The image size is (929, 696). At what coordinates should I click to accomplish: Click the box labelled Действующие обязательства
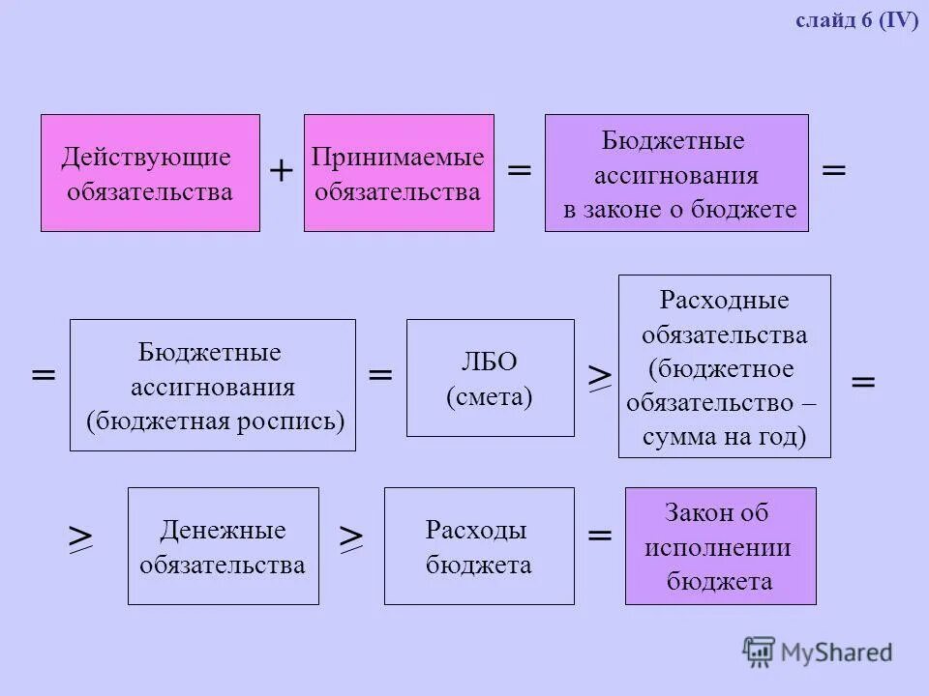tap(150, 173)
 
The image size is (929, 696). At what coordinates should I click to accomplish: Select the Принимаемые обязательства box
tap(399, 173)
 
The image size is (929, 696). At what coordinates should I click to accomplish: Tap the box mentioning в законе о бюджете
tap(676, 173)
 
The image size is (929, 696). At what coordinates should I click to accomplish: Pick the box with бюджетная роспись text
tap(213, 385)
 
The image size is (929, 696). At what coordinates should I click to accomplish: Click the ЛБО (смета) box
tap(490, 378)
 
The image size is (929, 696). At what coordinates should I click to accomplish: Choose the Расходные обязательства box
tap(724, 365)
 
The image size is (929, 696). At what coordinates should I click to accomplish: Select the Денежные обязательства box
tap(223, 546)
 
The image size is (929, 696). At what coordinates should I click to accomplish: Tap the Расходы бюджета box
tap(479, 546)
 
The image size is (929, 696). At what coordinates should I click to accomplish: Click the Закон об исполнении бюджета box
tap(720, 546)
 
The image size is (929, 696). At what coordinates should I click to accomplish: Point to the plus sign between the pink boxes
tap(282, 172)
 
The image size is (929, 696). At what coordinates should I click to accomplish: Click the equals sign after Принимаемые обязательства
tap(520, 171)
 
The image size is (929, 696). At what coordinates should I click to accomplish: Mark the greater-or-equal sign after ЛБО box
tap(600, 378)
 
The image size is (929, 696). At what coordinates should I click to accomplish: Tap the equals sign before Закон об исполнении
tap(600, 535)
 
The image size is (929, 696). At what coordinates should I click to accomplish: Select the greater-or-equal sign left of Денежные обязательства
tap(80, 538)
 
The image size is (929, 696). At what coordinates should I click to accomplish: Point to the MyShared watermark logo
tap(818, 652)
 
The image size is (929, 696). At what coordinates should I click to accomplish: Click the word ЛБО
tap(489, 362)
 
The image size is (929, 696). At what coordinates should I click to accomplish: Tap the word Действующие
tap(146, 156)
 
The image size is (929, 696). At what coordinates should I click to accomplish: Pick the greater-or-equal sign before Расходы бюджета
tap(351, 538)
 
